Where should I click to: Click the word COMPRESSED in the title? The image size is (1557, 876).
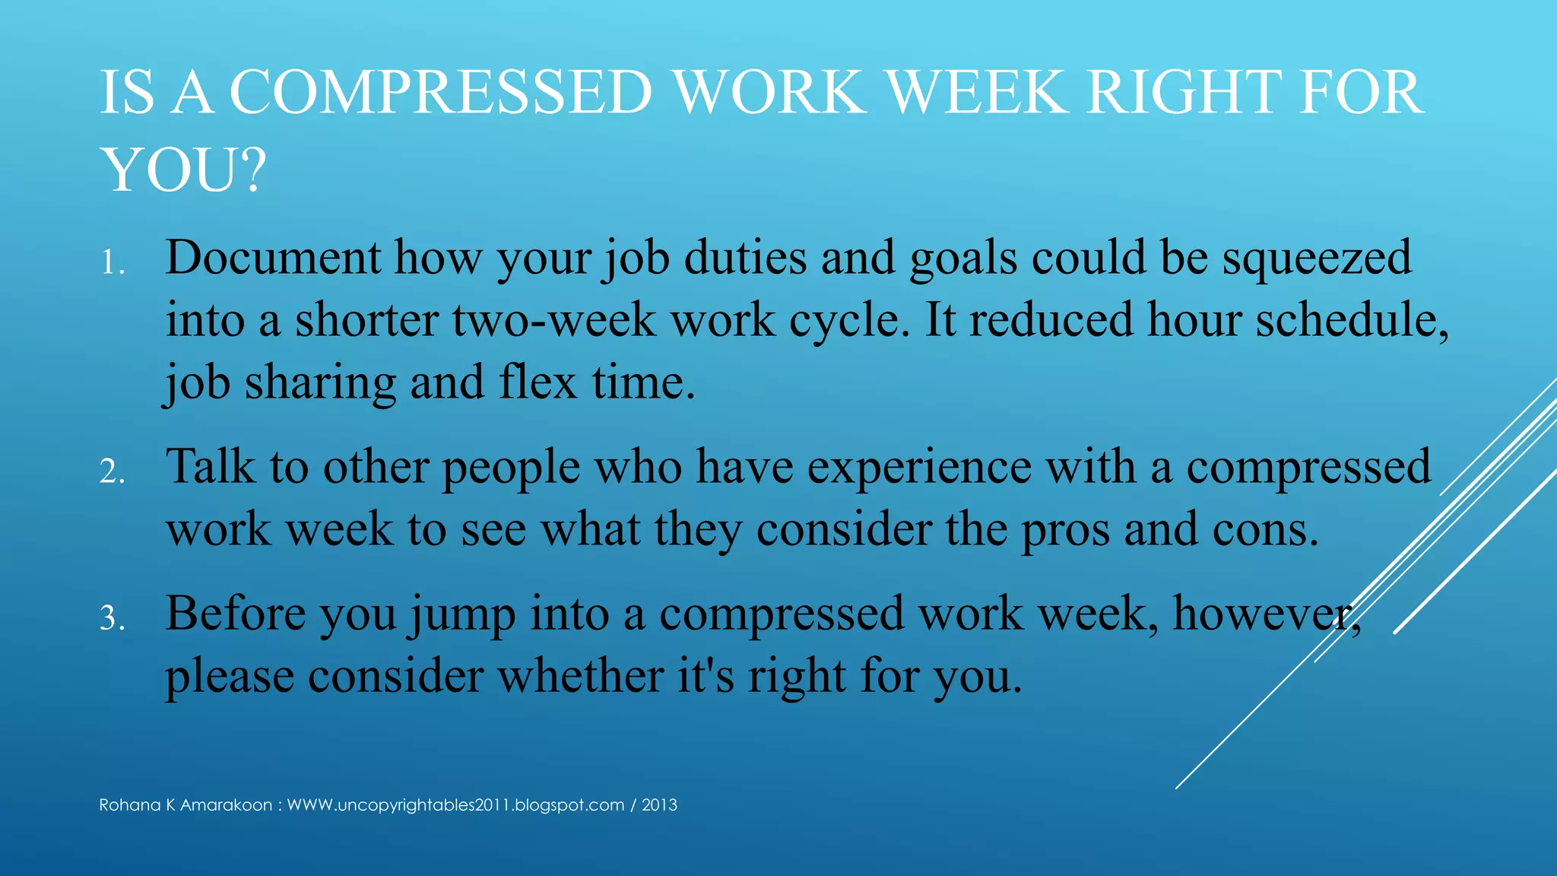click(441, 93)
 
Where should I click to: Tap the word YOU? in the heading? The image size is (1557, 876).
click(183, 170)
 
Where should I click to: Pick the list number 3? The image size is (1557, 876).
click(112, 619)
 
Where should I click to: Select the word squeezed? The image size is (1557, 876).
click(1317, 259)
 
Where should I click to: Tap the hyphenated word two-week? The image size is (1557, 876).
click(553, 319)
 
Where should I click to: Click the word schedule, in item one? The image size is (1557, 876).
click(1352, 319)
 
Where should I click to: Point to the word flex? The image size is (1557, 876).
click(537, 382)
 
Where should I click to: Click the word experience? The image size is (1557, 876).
click(919, 468)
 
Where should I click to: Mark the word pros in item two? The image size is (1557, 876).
click(1065, 531)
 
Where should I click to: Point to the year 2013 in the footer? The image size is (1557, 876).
click(659, 805)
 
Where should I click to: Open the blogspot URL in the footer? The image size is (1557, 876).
click(455, 805)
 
